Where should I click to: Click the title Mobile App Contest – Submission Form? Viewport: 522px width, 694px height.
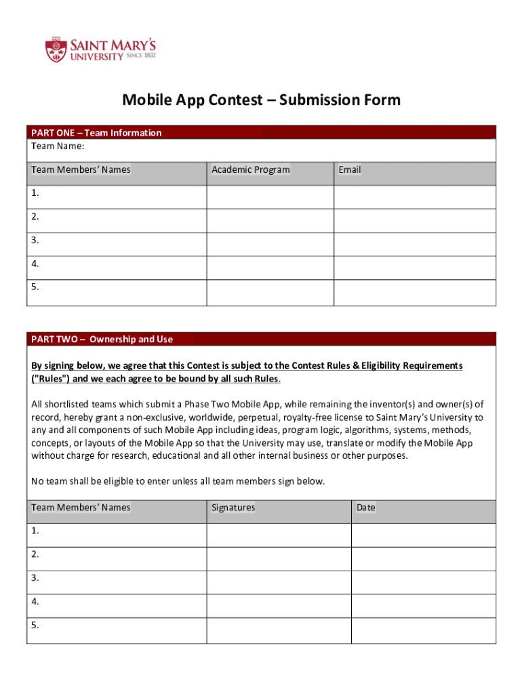pyautogui.click(x=261, y=100)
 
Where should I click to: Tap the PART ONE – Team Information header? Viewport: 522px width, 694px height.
pyautogui.click(x=96, y=133)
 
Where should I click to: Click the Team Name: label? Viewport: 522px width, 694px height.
pyautogui.click(x=58, y=146)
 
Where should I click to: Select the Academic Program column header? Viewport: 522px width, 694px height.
pyautogui.click(x=250, y=169)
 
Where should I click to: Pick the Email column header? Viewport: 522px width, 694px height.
pyautogui.click(x=350, y=169)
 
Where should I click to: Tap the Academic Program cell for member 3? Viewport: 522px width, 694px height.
pyautogui.click(x=270, y=244)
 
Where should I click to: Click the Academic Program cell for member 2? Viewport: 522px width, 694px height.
pyautogui.click(x=270, y=220)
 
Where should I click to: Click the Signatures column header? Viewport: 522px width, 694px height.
pyautogui.click(x=233, y=507)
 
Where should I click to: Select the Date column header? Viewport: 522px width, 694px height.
pyautogui.click(x=365, y=507)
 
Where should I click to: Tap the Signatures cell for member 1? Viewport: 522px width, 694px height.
pyautogui.click(x=279, y=535)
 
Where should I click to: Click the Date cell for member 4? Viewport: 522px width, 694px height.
pyautogui.click(x=423, y=605)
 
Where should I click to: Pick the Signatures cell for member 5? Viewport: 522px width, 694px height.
pyautogui.click(x=279, y=630)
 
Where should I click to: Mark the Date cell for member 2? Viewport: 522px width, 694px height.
pyautogui.click(x=423, y=558)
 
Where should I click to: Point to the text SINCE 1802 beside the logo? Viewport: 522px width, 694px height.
pyautogui.click(x=141, y=56)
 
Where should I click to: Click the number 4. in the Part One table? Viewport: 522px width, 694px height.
pyautogui.click(x=35, y=264)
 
